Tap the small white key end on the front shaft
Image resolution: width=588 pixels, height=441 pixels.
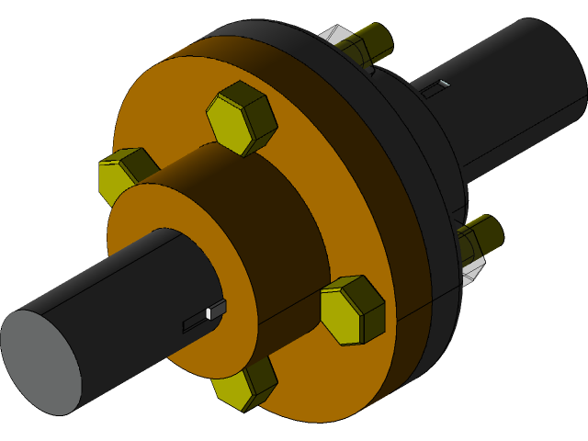[x=209, y=313]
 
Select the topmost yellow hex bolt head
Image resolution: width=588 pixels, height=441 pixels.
[x=242, y=118]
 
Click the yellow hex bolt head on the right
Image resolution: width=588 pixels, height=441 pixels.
[x=352, y=310]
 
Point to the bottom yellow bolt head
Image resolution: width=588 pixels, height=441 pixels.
[x=244, y=384]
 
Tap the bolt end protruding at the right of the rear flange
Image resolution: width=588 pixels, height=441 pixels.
[x=487, y=233]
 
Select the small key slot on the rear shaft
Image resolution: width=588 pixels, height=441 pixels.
[x=437, y=86]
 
